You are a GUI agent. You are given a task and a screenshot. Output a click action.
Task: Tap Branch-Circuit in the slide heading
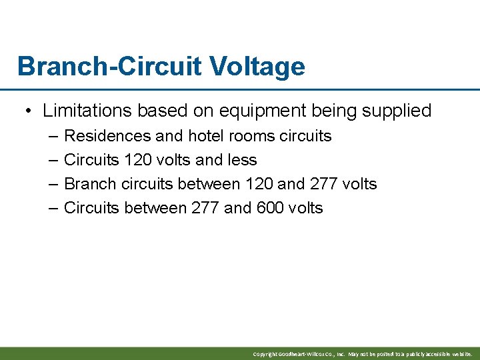click(x=109, y=67)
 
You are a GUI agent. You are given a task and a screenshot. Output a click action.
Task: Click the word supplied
click(x=397, y=111)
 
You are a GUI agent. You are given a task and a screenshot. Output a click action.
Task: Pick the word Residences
click(x=107, y=136)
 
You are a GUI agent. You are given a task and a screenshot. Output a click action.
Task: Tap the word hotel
click(x=206, y=136)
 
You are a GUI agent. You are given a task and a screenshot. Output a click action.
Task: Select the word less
click(x=241, y=160)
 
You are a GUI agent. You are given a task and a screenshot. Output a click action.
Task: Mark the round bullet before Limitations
click(x=30, y=111)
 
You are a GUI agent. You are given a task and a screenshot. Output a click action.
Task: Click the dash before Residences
click(x=53, y=136)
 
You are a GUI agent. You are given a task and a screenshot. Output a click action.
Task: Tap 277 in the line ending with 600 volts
click(x=205, y=208)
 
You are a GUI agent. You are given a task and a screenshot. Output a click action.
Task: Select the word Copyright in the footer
click(x=265, y=354)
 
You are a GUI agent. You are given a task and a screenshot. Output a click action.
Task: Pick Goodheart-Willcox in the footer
click(x=304, y=354)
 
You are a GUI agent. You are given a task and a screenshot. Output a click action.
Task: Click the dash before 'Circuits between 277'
click(x=53, y=208)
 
